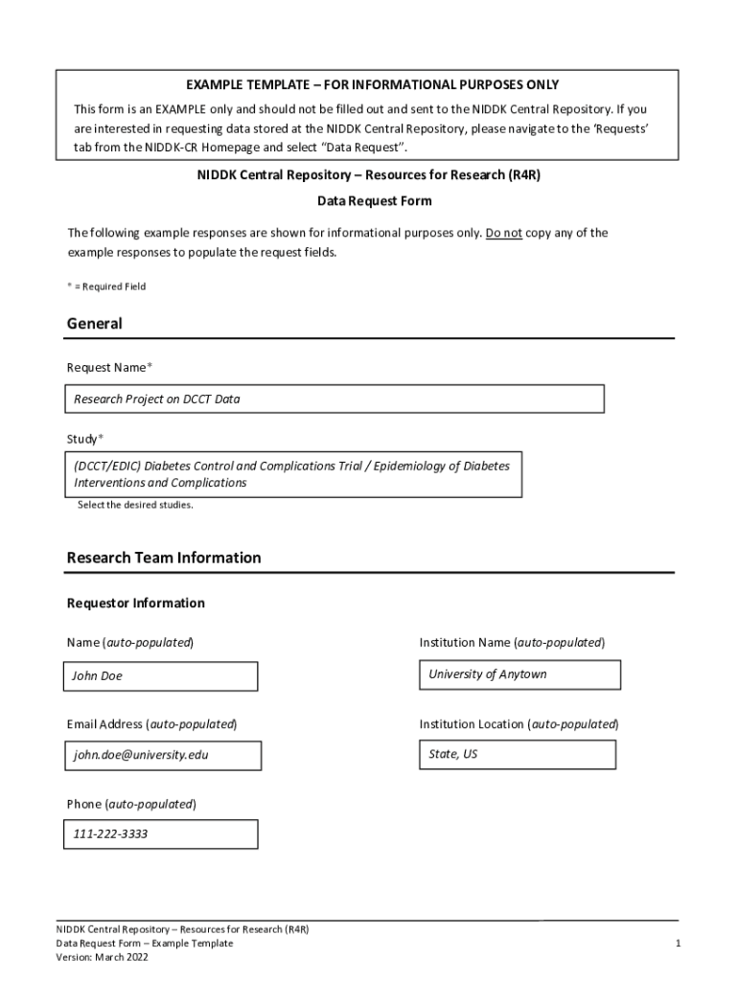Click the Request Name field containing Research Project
(334, 399)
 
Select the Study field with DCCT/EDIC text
(294, 474)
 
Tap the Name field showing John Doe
(161, 676)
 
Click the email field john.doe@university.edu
(163, 755)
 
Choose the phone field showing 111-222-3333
(161, 833)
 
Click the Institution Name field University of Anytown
(519, 674)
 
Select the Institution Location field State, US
(517, 754)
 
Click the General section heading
(95, 324)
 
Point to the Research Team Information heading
(164, 558)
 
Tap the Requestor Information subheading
(135, 604)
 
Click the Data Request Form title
(375, 201)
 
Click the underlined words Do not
(504, 233)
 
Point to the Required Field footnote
(106, 286)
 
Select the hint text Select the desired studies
(135, 505)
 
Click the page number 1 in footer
(677, 944)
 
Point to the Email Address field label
(151, 724)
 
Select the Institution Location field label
(519, 724)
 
